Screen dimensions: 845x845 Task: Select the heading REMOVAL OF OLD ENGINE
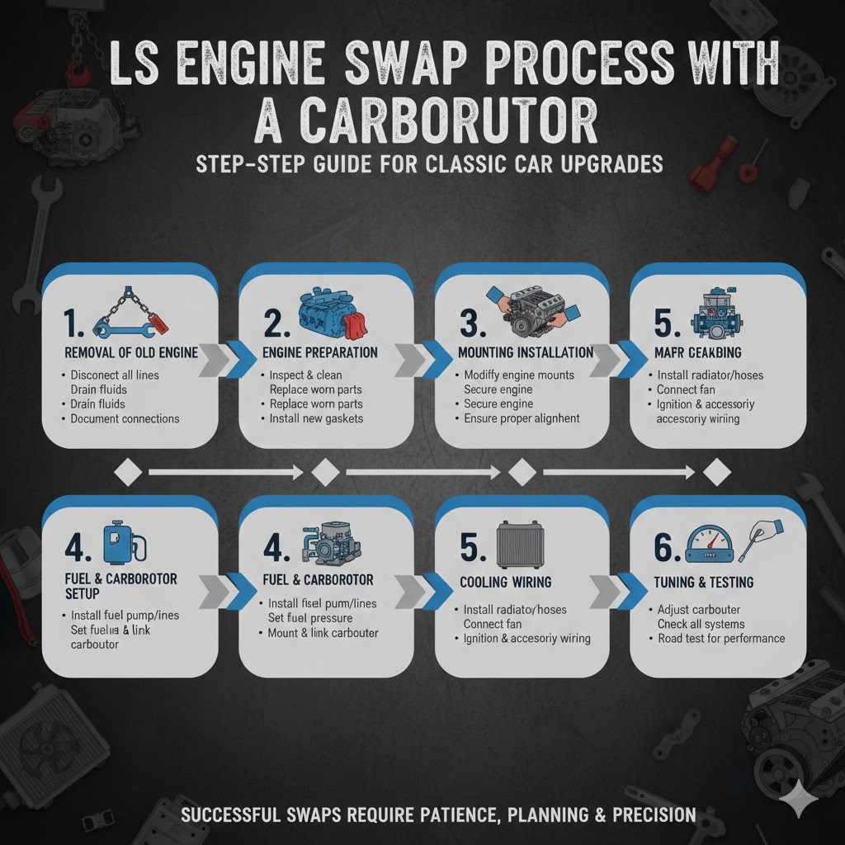(131, 352)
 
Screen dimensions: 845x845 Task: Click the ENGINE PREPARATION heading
(321, 352)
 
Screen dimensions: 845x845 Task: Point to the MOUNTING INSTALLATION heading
(525, 352)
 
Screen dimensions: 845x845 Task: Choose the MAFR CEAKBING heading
(698, 352)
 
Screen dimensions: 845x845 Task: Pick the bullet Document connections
(125, 418)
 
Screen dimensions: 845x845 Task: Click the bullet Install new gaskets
(316, 418)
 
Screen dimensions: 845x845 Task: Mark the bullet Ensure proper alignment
(522, 418)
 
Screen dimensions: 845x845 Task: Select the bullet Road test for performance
(721, 638)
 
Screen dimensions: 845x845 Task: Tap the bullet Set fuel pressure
(310, 618)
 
